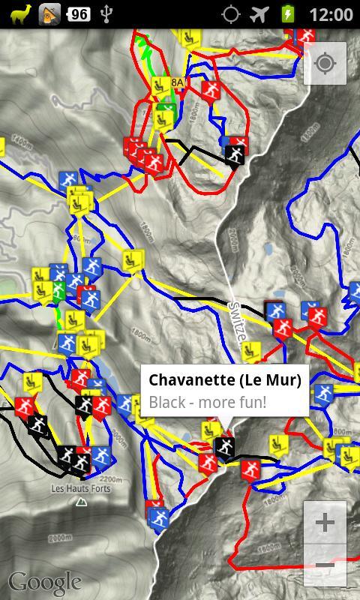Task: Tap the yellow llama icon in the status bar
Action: click(x=21, y=13)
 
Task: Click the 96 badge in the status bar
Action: click(x=78, y=13)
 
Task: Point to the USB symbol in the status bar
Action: click(x=107, y=13)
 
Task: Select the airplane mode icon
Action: click(x=259, y=13)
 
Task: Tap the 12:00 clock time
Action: click(x=330, y=13)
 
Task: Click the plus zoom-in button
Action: click(x=325, y=522)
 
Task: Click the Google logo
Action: click(x=45, y=582)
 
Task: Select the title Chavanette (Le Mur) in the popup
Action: click(x=225, y=379)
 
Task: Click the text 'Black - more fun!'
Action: click(x=208, y=402)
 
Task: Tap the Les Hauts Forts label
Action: click(x=80, y=489)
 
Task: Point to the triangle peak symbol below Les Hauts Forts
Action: click(x=81, y=502)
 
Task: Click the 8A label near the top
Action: click(x=177, y=82)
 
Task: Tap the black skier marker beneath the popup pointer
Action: click(x=224, y=448)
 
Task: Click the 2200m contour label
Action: click(x=110, y=479)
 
